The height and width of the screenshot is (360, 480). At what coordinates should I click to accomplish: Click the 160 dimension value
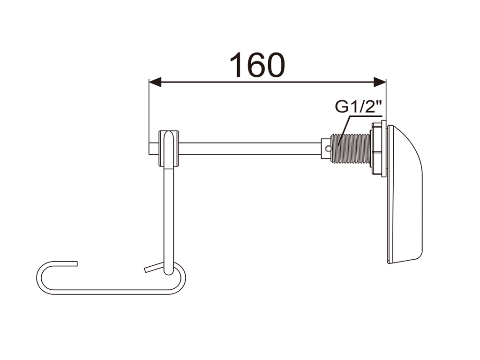[x=257, y=65]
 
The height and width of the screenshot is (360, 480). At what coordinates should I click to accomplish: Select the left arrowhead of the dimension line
[x=155, y=82]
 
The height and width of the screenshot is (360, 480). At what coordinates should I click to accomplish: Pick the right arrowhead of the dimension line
[x=380, y=82]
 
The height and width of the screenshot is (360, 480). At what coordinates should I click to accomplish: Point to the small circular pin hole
[x=328, y=149]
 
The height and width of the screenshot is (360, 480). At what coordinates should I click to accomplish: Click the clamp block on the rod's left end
[x=168, y=149]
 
